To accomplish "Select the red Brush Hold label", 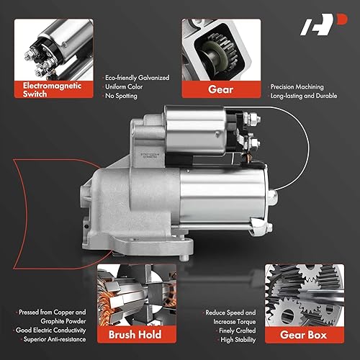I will [x=131, y=335].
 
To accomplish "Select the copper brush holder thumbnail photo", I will [x=131, y=295].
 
